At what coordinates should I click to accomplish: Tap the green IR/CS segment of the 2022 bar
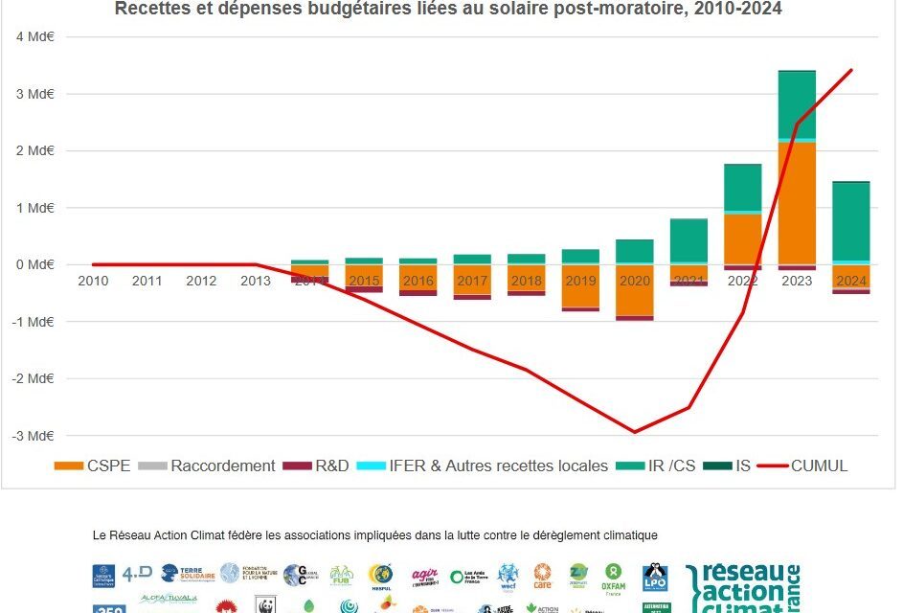742,187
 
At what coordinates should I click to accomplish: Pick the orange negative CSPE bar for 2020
634,290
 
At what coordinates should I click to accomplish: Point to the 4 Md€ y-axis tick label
34,37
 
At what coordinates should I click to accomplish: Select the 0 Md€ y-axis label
34,265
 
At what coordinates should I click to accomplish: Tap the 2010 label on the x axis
93,281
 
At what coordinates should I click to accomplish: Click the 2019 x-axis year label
580,281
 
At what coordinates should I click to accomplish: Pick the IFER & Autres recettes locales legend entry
483,466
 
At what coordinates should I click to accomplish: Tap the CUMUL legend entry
802,466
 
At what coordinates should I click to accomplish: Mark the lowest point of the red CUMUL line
634,432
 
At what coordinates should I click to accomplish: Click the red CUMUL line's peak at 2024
851,70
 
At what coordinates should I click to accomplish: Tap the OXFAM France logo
613,577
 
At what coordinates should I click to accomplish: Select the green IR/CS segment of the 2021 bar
689,240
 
